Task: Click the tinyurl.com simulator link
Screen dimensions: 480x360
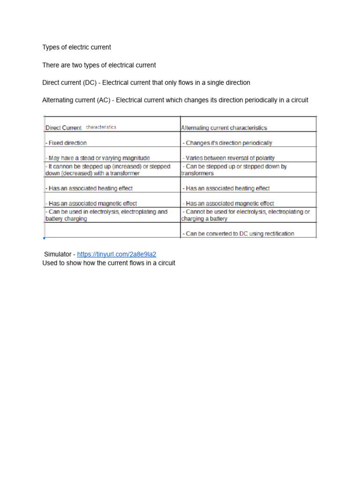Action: (x=117, y=254)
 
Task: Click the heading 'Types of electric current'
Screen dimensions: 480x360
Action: (x=77, y=47)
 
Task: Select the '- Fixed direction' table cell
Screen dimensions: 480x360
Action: (x=66, y=143)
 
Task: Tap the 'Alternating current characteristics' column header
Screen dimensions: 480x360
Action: (x=224, y=127)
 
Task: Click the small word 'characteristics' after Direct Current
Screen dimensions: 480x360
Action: (x=101, y=127)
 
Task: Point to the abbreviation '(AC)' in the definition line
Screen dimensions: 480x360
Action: (x=101, y=100)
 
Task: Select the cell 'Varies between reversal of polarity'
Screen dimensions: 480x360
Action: (x=229, y=158)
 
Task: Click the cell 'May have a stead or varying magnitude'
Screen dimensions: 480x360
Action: (x=98, y=158)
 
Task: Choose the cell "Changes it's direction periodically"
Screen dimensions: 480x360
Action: (x=228, y=143)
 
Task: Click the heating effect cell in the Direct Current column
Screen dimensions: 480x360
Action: (x=90, y=188)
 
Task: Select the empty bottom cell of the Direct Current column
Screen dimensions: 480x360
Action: (x=112, y=230)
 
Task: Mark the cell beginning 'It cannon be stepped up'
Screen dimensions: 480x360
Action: (x=107, y=170)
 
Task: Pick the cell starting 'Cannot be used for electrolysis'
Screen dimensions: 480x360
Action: (x=246, y=215)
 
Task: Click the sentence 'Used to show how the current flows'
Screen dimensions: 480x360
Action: (x=109, y=263)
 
